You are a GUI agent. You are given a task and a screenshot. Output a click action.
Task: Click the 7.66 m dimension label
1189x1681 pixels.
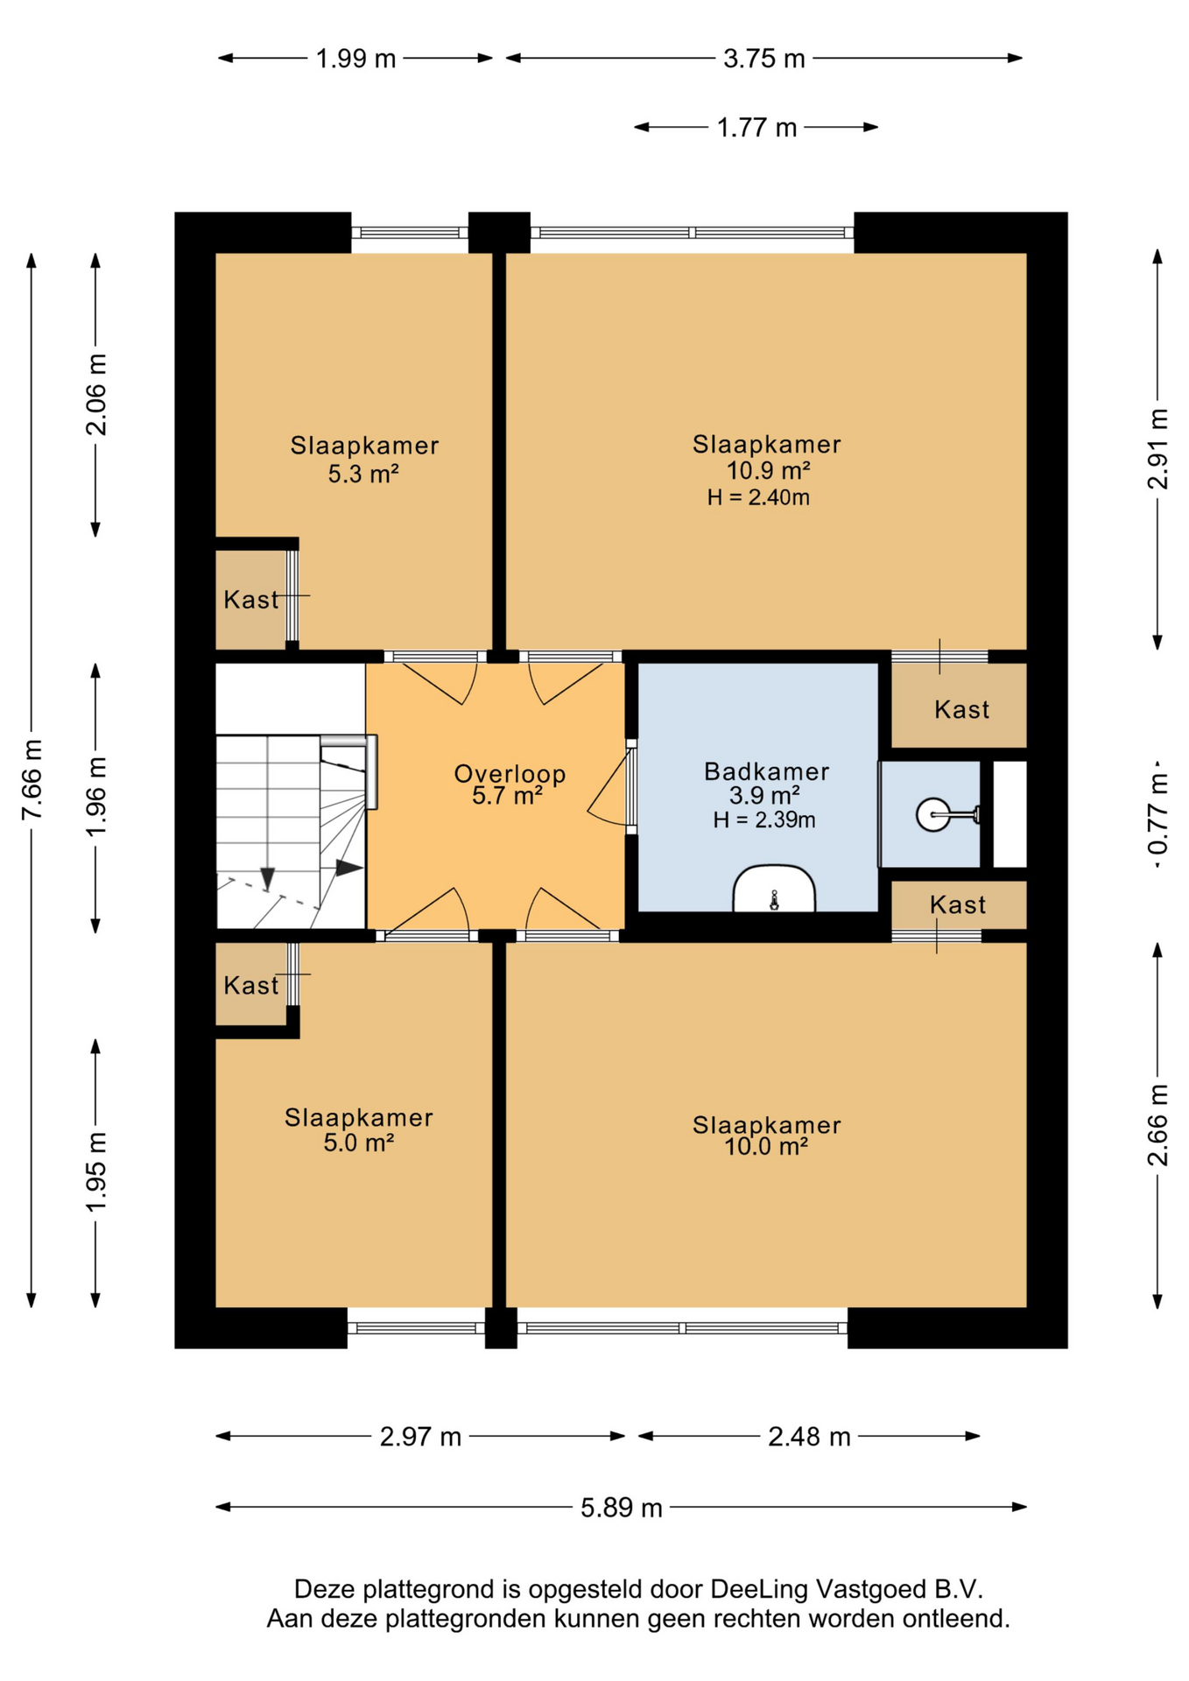[32, 779]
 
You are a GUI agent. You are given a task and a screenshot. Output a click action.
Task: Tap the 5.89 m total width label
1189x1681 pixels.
[622, 1508]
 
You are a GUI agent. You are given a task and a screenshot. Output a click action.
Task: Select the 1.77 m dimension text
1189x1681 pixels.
[756, 128]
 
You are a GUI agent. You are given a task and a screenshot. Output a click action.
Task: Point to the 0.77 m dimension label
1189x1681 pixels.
[1157, 814]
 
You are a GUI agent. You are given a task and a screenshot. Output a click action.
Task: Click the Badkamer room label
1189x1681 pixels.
[766, 771]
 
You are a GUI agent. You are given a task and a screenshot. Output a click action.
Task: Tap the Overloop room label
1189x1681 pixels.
[510, 774]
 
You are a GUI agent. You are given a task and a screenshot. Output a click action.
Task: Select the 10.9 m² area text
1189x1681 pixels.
[768, 470]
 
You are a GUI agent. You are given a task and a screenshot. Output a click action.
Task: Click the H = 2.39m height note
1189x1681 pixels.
[764, 820]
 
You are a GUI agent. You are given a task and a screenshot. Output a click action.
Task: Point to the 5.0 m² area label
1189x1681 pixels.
[358, 1142]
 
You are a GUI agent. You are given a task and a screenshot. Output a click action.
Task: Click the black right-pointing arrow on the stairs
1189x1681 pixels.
[349, 868]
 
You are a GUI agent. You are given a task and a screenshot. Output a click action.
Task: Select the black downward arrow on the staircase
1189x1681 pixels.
[268, 878]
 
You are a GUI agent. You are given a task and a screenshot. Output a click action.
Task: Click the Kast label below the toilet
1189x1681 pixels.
[958, 904]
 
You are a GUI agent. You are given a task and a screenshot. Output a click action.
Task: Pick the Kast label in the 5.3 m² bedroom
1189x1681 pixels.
[251, 600]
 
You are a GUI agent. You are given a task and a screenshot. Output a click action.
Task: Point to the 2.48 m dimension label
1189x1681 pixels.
[809, 1437]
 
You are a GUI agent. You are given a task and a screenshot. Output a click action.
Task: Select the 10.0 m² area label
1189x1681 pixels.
[766, 1146]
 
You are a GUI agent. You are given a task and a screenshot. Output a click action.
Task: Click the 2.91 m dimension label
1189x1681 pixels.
[1157, 449]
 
